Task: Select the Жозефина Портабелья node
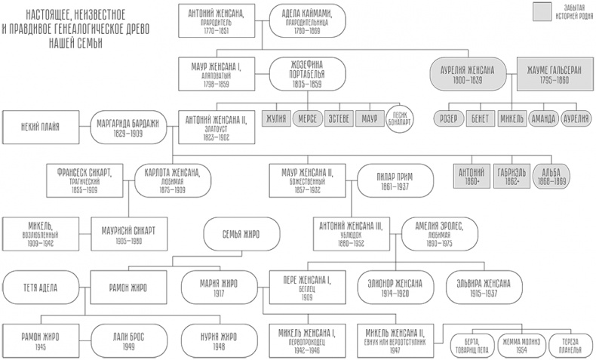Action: click(306, 74)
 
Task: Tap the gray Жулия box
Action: click(278, 118)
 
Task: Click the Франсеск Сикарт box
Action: click(85, 180)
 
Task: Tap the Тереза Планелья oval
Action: click(569, 343)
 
